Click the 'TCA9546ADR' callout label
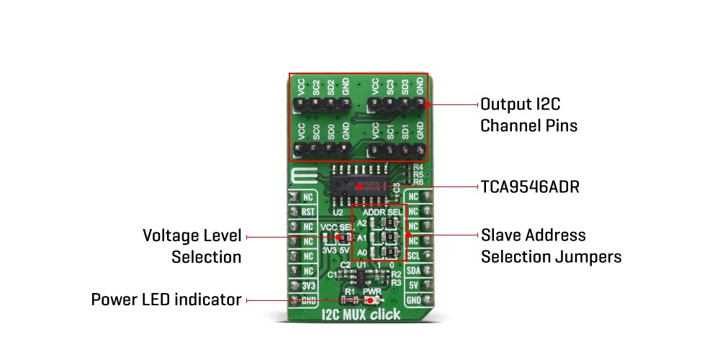[x=530, y=187]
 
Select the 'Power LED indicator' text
[x=166, y=299]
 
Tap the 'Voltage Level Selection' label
[x=192, y=246]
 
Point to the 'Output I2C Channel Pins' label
[x=529, y=114]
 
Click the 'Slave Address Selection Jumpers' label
[x=551, y=246]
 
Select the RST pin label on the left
[x=307, y=212]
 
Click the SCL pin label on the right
[x=413, y=256]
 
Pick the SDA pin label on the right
[x=413, y=271]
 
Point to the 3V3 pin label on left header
[x=307, y=286]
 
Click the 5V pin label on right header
[x=413, y=286]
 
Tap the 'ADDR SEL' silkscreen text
[x=384, y=213]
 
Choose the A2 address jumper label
[x=362, y=223]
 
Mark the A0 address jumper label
[x=362, y=252]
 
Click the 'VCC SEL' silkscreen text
[x=337, y=227]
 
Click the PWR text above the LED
[x=372, y=292]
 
